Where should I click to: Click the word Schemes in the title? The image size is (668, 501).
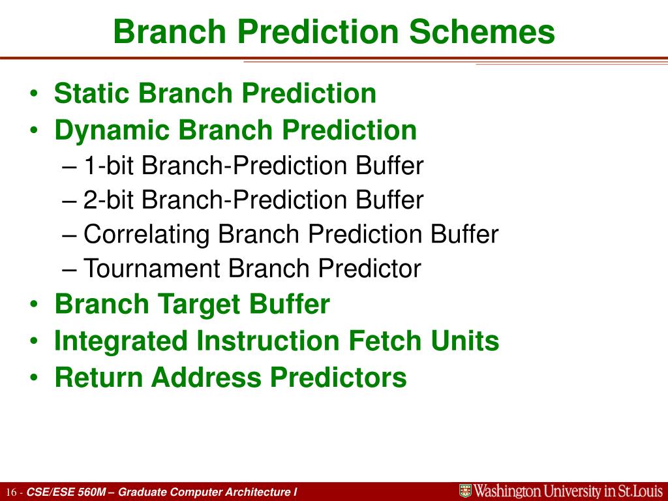click(482, 32)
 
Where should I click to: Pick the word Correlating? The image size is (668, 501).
click(147, 235)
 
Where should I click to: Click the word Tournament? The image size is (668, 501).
click(152, 268)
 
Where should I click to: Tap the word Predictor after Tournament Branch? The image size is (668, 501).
click(369, 268)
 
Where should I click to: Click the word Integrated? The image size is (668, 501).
click(121, 342)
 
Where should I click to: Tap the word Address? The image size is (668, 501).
click(206, 378)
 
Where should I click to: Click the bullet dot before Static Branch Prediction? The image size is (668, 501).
click(34, 94)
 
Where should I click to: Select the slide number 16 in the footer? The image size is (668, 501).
click(12, 493)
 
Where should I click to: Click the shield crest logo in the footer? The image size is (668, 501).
click(465, 491)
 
